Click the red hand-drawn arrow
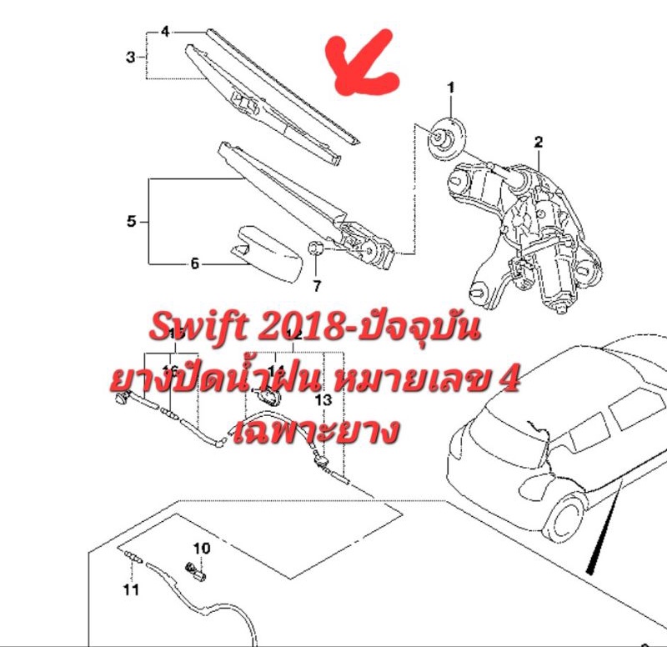click(x=364, y=64)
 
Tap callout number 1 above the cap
click(x=451, y=88)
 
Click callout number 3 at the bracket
click(x=131, y=57)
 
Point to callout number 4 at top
click(x=165, y=32)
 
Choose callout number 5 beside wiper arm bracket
click(x=131, y=222)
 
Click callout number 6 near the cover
click(x=195, y=264)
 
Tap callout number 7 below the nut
click(x=317, y=287)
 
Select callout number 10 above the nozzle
click(x=203, y=549)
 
